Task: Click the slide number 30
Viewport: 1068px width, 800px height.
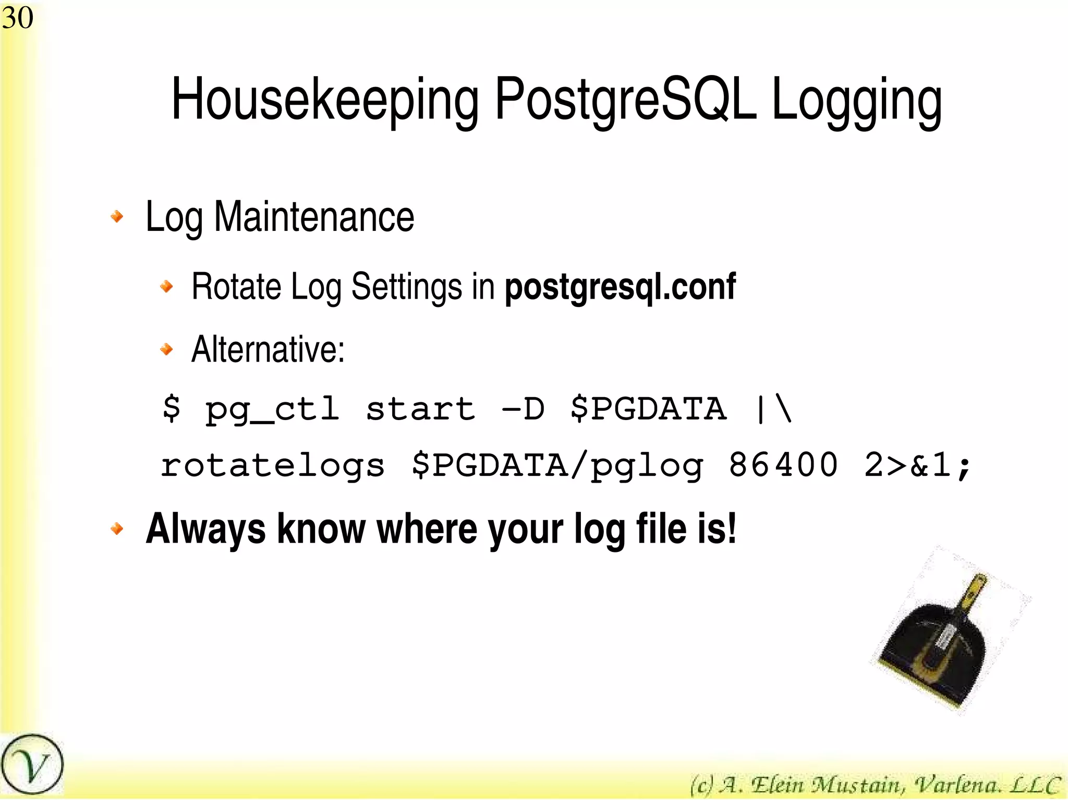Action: (x=18, y=18)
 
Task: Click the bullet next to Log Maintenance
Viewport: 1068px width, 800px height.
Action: (x=117, y=216)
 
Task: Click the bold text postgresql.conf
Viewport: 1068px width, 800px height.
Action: (x=620, y=287)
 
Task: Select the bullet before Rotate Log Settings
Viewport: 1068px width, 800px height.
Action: (x=166, y=286)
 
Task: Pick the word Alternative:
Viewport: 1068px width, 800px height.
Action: (x=268, y=349)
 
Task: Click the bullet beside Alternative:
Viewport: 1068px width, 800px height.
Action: (x=166, y=349)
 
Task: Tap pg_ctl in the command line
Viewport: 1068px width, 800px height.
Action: (x=272, y=410)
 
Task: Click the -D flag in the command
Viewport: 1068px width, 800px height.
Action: (x=523, y=409)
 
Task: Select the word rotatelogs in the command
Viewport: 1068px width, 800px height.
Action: (x=272, y=465)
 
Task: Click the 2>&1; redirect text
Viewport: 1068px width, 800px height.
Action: (x=918, y=465)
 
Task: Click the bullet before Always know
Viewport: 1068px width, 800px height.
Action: (x=117, y=529)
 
